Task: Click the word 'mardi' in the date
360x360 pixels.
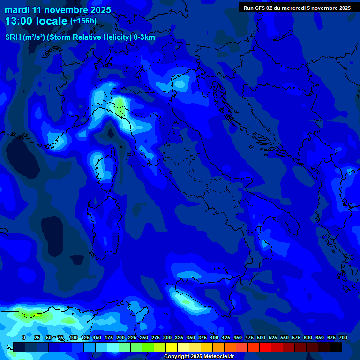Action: click(17, 10)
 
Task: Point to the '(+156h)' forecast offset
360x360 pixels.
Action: click(83, 21)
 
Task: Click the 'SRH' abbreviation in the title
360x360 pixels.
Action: click(13, 37)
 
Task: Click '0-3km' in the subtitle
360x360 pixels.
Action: click(144, 37)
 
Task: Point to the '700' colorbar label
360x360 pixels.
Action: click(343, 337)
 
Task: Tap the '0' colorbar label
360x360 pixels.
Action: click(24, 337)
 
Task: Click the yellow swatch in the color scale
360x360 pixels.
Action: click(172, 347)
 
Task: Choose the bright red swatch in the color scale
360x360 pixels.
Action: click(265, 347)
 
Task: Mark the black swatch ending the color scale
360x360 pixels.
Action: click(336, 347)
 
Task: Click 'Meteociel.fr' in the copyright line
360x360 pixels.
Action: click(216, 357)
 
